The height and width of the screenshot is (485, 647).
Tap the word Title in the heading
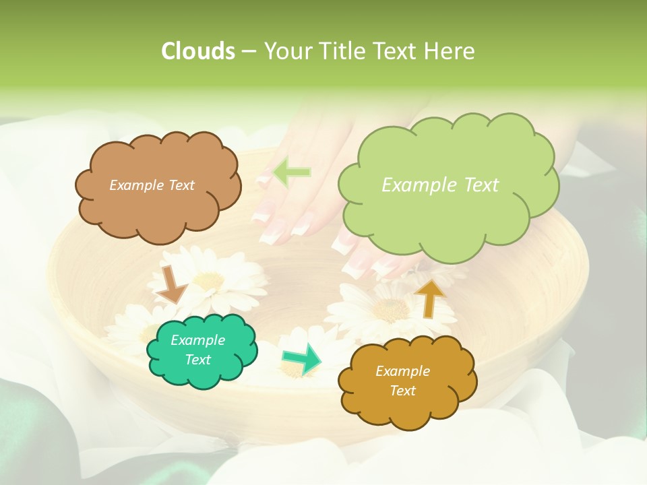point(340,51)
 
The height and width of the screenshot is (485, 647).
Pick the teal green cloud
point(202,374)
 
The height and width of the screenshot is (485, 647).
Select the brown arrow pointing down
point(171,284)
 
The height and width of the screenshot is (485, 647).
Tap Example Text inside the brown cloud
point(152,185)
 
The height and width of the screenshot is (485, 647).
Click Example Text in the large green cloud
point(440,185)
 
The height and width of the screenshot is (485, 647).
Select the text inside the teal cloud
point(197,350)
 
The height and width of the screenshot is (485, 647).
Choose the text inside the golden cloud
point(402,381)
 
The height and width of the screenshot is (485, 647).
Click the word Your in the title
point(286,51)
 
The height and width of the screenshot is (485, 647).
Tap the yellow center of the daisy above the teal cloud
point(209,280)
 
